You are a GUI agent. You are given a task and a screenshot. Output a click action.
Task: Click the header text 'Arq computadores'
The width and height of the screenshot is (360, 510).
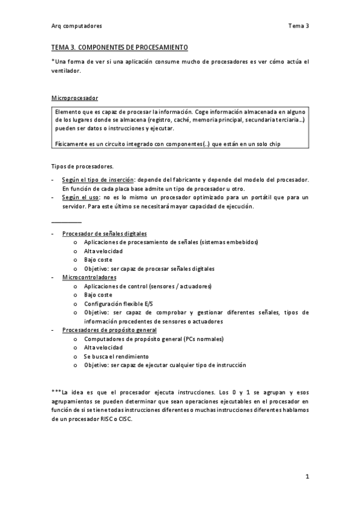[76, 26]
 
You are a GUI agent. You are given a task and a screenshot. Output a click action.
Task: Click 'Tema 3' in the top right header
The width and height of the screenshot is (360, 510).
[298, 26]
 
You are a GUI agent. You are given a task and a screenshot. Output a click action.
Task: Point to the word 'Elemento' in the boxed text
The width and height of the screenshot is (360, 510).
[68, 112]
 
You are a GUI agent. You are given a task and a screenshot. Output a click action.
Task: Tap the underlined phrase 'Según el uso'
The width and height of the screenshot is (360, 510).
[82, 197]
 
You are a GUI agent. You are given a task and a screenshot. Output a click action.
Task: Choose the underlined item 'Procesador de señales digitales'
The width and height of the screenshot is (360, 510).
[105, 233]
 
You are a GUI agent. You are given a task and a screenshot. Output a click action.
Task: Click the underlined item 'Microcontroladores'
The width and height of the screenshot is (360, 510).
[89, 277]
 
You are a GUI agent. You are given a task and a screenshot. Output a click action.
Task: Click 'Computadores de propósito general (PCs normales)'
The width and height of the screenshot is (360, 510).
[154, 339]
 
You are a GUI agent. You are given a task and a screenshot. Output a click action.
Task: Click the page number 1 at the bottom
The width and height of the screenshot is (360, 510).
[307, 477]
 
